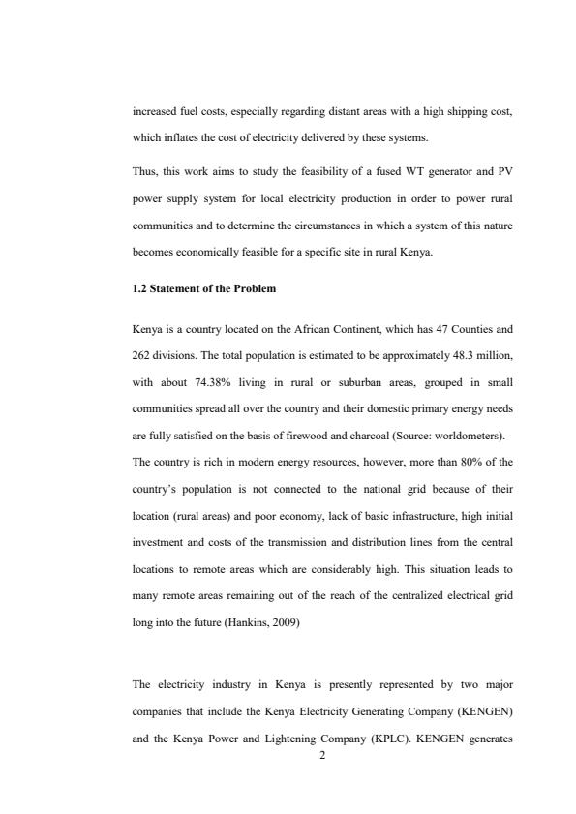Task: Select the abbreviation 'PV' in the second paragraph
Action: tap(504, 172)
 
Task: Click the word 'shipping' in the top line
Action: tap(446, 111)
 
